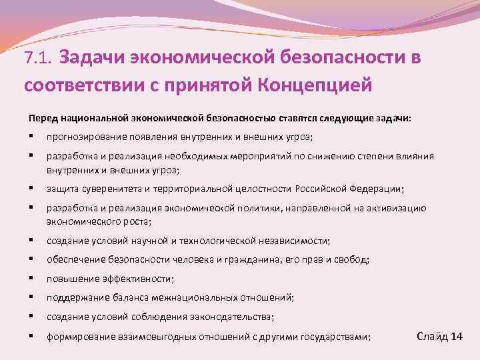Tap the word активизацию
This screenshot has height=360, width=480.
pyautogui.click(x=397, y=208)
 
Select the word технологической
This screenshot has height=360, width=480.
pyautogui.click(x=216, y=240)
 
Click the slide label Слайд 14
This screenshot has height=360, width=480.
pyautogui.click(x=439, y=335)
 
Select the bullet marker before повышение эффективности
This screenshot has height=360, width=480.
pyautogui.click(x=31, y=279)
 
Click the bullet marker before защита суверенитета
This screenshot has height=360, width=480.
pyautogui.click(x=31, y=189)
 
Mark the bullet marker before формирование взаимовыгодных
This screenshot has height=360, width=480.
pyautogui.click(x=31, y=337)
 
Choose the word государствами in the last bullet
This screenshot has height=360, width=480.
pyautogui.click(x=336, y=337)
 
